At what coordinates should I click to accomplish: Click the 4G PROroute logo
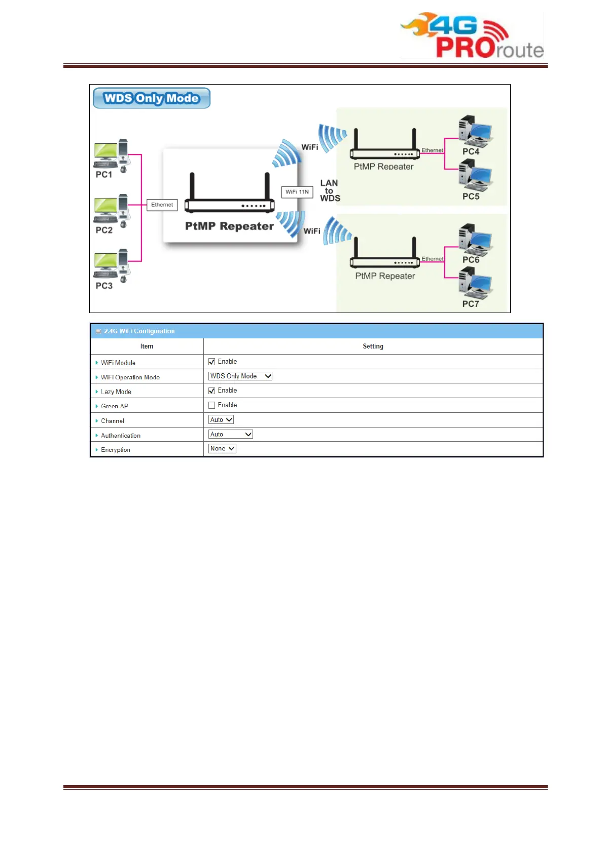click(x=472, y=35)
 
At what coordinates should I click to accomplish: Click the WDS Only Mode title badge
click(x=151, y=98)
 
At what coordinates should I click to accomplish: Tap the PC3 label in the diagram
click(x=104, y=286)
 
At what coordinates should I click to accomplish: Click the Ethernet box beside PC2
click(x=162, y=205)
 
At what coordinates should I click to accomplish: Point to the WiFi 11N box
click(x=297, y=192)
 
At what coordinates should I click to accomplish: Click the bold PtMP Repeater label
click(x=229, y=226)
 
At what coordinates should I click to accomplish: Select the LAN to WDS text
click(x=330, y=190)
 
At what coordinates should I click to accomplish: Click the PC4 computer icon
click(x=475, y=130)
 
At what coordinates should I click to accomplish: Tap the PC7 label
click(x=470, y=304)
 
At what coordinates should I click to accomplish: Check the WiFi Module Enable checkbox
click(x=212, y=362)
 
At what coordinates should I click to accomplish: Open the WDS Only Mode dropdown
click(x=240, y=376)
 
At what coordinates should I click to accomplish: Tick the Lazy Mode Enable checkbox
click(x=212, y=391)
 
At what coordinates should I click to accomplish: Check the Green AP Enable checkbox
click(x=212, y=405)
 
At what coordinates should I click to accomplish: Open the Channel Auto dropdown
click(x=221, y=419)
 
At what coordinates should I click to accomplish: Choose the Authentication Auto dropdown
click(x=231, y=434)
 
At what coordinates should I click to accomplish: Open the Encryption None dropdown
click(x=222, y=448)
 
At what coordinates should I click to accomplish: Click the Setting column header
click(x=373, y=346)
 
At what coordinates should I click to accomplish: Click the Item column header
click(x=147, y=346)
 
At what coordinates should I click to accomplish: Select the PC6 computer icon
click(x=475, y=239)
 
